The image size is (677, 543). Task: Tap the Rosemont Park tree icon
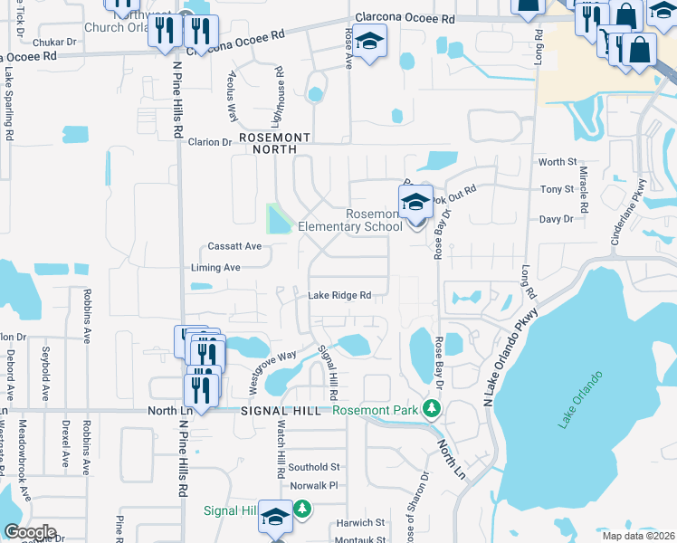(433, 410)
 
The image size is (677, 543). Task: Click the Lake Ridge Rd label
(340, 295)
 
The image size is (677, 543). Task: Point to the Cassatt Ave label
(234, 246)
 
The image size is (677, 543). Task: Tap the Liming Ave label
(215, 268)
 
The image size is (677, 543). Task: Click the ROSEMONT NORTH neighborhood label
(274, 143)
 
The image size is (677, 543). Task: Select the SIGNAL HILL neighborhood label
(275, 410)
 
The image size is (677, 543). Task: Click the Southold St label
(314, 467)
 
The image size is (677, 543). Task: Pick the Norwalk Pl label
(313, 485)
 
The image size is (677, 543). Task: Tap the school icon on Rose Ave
(368, 43)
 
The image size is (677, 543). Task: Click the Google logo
(30, 532)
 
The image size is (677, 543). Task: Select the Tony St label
(557, 189)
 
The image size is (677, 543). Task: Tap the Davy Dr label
(556, 219)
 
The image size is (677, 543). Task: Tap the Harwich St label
(361, 522)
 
